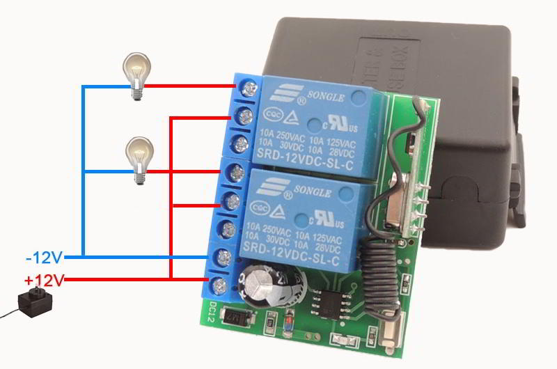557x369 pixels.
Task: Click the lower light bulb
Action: coord(139,159)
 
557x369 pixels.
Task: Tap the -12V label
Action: coord(44,258)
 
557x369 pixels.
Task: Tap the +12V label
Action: coord(44,281)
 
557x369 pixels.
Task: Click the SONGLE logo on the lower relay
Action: coord(290,186)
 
